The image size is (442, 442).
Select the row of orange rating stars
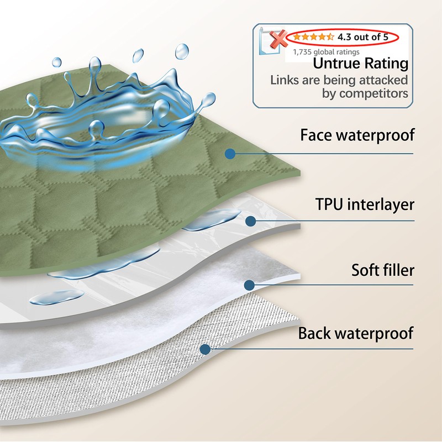click(313, 38)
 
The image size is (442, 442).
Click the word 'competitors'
click(365, 93)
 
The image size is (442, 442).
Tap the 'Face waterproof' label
click(357, 135)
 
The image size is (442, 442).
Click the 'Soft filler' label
click(383, 271)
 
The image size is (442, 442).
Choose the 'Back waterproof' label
click(356, 334)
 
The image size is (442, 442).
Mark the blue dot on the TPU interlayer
click(250, 222)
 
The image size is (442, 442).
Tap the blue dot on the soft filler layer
click(249, 286)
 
